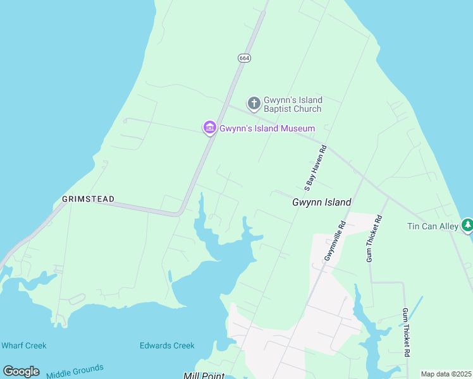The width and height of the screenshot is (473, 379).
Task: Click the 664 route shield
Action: point(244,58)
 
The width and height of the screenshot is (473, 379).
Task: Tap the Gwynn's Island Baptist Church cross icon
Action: point(254,103)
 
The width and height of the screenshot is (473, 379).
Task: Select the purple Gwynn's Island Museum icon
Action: point(209,128)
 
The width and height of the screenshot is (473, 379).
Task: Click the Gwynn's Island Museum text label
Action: point(267,129)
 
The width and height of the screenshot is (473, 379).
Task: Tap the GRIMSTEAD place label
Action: point(89,199)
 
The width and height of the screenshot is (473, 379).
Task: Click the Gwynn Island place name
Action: point(321,203)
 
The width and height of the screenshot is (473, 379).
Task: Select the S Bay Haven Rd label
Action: point(315,168)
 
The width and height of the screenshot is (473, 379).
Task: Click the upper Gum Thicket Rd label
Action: point(374,239)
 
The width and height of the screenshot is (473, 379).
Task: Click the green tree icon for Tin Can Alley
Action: point(467,225)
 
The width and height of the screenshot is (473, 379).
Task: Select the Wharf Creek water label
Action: point(24,346)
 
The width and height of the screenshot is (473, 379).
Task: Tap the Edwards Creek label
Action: point(167,346)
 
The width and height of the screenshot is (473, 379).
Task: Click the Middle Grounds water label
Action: point(75,372)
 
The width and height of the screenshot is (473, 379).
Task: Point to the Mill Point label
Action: point(204,375)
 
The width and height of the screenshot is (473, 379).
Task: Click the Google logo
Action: point(21,371)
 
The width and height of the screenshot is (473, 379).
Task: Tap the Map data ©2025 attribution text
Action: point(445,374)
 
